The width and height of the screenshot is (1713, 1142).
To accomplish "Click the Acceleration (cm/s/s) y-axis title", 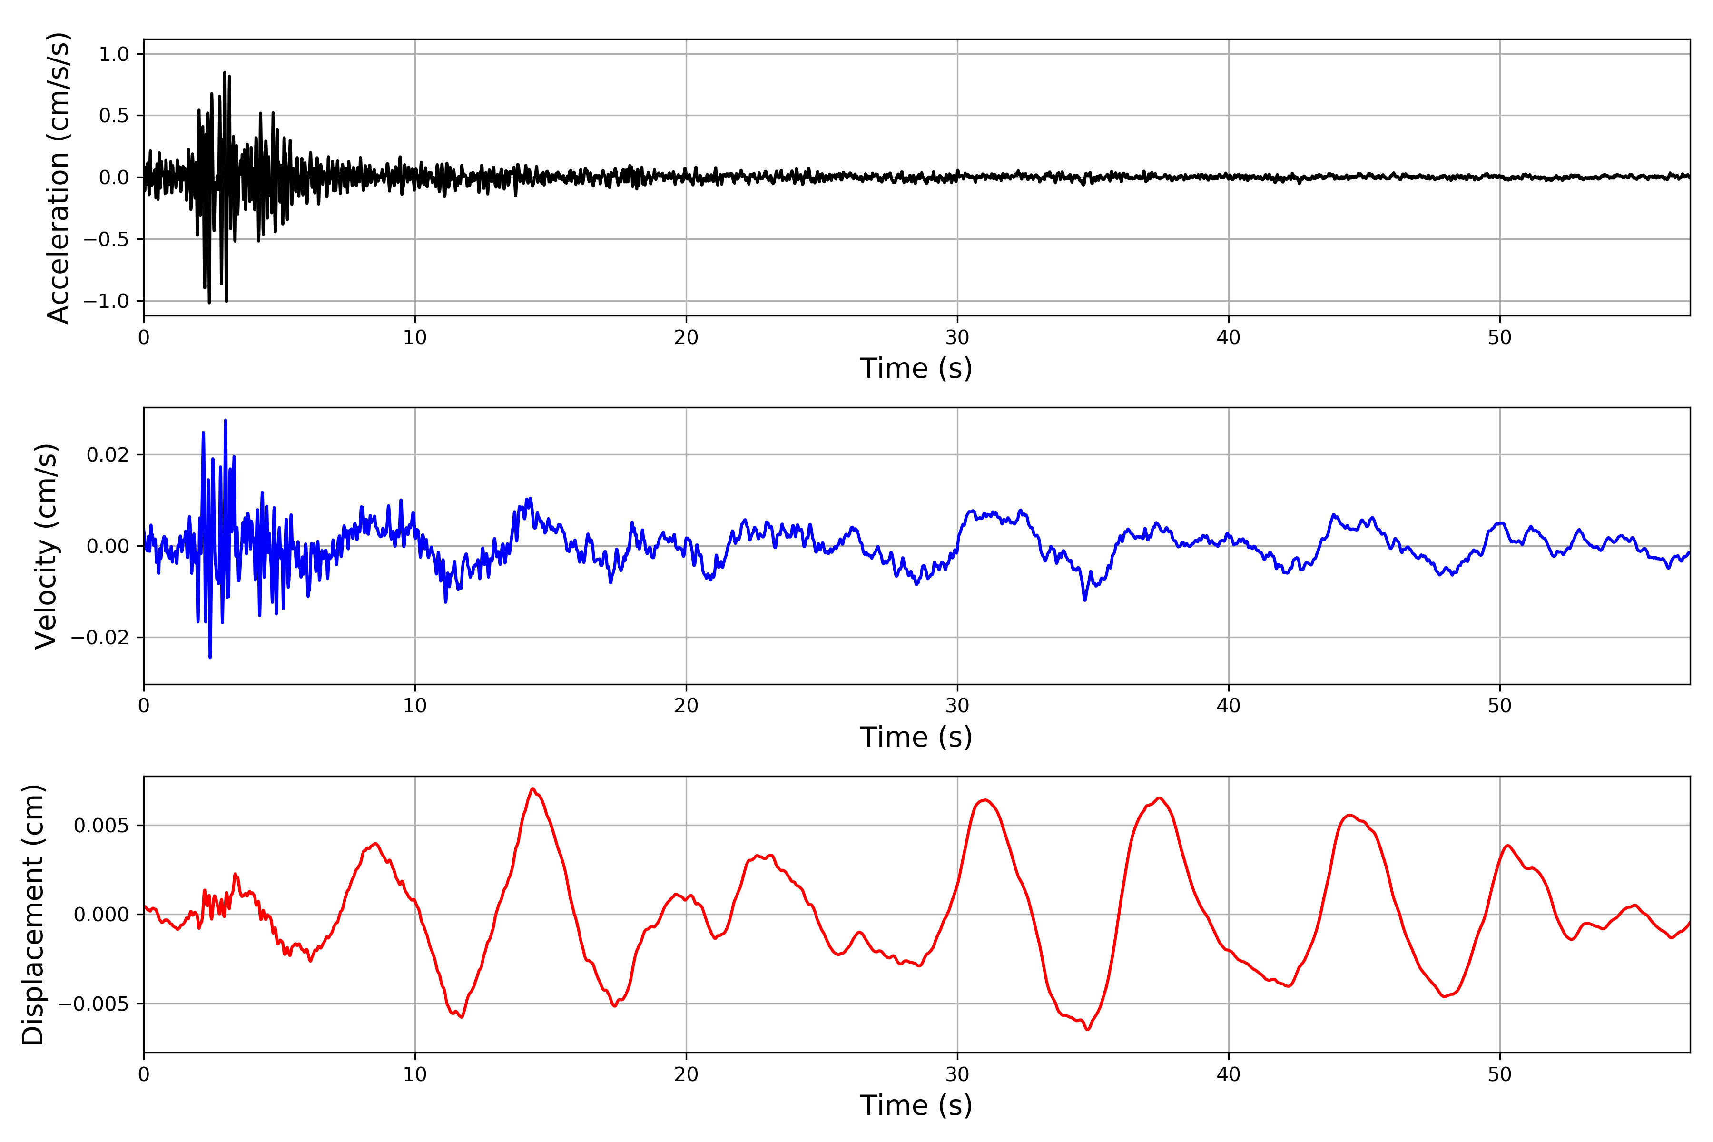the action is [x=58, y=177].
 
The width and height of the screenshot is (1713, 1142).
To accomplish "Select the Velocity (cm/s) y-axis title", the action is [x=46, y=546].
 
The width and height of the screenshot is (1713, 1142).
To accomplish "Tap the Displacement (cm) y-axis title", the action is [x=33, y=915].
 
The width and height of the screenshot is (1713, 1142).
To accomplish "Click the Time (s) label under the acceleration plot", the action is [x=916, y=368].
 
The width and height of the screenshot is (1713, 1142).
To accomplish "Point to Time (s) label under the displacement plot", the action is [x=916, y=1105].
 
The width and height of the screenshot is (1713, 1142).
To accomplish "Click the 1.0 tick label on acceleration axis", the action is [x=114, y=54].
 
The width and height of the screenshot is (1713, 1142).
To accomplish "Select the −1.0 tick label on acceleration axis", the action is [x=106, y=301].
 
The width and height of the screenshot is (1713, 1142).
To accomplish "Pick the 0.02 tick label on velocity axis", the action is [x=108, y=455].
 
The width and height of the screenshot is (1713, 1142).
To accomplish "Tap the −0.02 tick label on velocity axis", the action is [x=100, y=637].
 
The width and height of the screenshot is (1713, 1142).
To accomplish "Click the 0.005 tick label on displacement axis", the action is [x=101, y=826].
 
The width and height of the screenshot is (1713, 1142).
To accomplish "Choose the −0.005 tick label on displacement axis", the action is [x=94, y=1004].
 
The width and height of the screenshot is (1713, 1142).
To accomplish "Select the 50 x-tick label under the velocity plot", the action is [x=1500, y=706].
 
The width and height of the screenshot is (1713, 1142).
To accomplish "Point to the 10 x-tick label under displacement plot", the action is [x=415, y=1074].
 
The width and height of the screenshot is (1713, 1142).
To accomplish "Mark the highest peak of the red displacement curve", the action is [x=533, y=789].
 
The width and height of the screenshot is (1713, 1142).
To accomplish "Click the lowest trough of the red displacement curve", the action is [x=1087, y=1029].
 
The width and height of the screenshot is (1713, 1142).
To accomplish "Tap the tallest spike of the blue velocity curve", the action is [x=226, y=420].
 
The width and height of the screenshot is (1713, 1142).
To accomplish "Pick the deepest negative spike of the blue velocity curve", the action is [x=210, y=657].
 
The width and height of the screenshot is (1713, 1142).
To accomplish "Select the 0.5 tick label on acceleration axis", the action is [x=114, y=116].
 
